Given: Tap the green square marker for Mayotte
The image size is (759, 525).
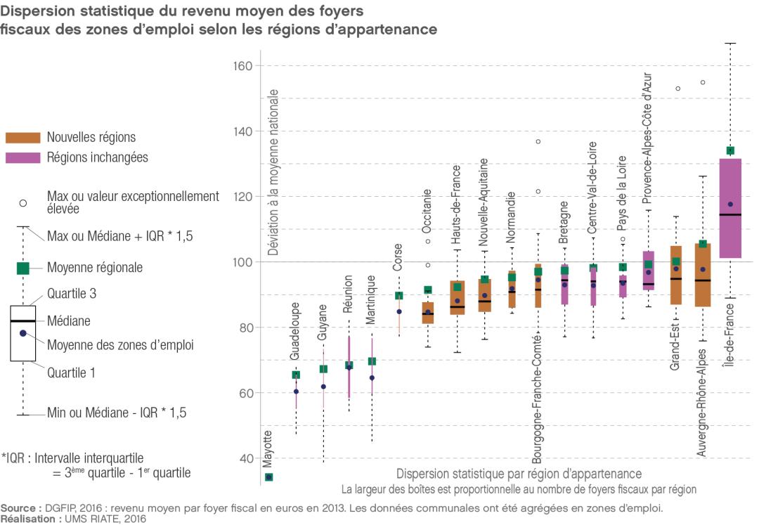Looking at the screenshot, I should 268,477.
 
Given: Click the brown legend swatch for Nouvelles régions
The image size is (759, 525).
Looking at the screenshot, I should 22,138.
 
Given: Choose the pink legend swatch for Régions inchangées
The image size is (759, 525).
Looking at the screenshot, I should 22,157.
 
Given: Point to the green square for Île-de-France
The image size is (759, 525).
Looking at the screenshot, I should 730,150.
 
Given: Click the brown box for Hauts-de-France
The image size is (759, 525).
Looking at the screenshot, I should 458,297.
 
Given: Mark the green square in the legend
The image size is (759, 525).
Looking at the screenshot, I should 22,268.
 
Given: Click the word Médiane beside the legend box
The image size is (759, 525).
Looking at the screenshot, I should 69,320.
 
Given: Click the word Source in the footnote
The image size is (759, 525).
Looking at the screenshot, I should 19,507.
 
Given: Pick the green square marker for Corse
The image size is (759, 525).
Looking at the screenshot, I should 399,296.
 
